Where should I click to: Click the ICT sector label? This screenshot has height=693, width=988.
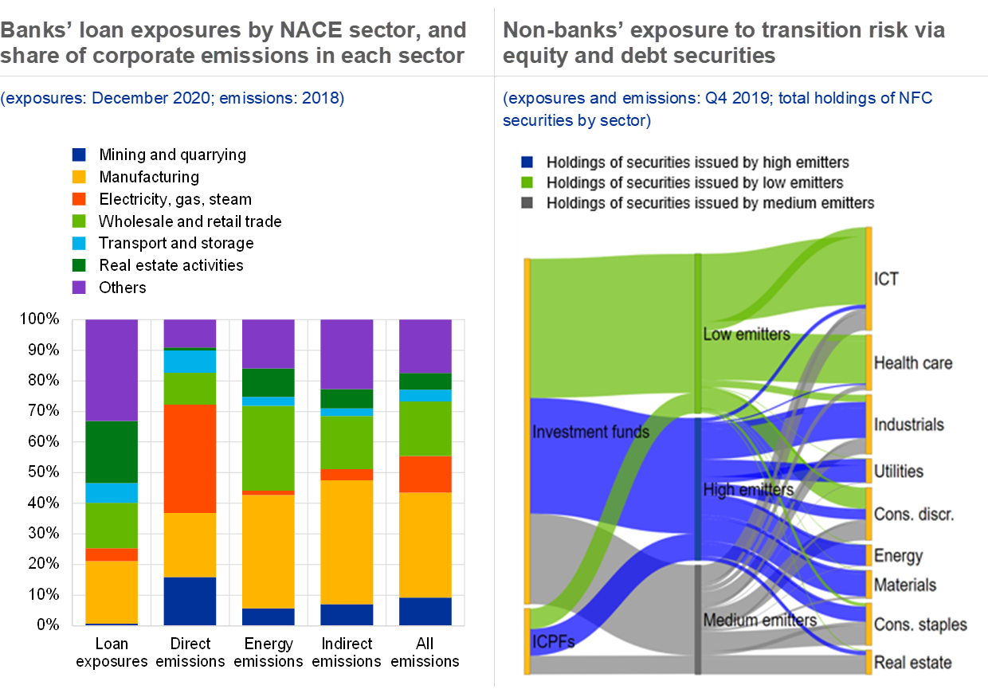(x=886, y=280)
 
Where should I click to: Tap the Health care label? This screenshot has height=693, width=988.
(x=912, y=363)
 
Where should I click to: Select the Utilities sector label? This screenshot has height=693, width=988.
(x=898, y=472)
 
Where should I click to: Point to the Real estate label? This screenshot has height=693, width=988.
(x=912, y=662)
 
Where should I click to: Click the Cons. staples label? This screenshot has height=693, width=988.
(x=920, y=624)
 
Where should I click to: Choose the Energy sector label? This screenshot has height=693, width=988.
(x=898, y=556)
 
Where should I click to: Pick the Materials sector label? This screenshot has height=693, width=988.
(x=904, y=585)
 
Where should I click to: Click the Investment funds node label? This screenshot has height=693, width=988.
(x=590, y=432)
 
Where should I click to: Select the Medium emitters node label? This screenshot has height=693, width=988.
(x=759, y=620)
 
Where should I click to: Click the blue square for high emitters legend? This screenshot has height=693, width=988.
(x=527, y=162)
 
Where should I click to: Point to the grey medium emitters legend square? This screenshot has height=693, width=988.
(x=527, y=203)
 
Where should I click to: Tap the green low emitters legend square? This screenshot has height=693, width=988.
(x=527, y=183)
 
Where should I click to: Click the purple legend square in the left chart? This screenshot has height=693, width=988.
(x=79, y=287)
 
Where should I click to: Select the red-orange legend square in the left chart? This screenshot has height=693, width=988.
(x=79, y=198)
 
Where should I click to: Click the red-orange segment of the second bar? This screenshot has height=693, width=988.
(x=190, y=458)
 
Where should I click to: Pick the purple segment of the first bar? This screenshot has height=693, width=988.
(x=112, y=370)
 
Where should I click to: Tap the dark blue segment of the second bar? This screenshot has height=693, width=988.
(x=190, y=601)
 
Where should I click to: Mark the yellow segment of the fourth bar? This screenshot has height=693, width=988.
(x=347, y=542)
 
